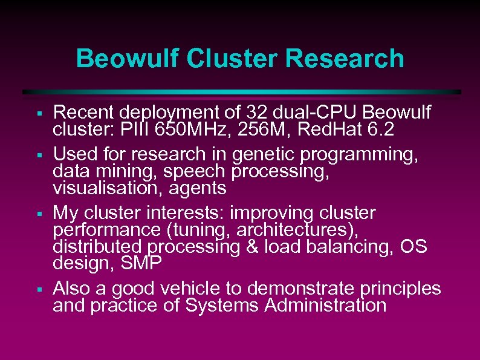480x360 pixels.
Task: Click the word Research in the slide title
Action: pyautogui.click(x=345, y=59)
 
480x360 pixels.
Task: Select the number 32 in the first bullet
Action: pyautogui.click(x=255, y=112)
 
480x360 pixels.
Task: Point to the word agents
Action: pyautogui.click(x=196, y=188)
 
